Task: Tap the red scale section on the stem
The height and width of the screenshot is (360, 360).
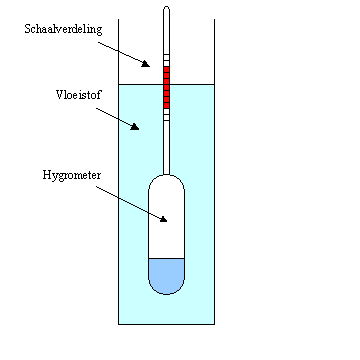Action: (167, 84)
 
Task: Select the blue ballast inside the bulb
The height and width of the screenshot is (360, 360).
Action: (167, 274)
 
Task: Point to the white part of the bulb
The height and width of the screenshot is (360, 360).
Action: (167, 215)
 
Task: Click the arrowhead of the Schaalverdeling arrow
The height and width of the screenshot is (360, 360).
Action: (146, 64)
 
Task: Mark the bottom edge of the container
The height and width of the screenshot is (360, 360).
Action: (167, 324)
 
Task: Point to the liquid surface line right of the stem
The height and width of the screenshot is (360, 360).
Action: (195, 84)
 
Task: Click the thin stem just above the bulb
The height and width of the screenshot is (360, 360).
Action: (167, 160)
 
